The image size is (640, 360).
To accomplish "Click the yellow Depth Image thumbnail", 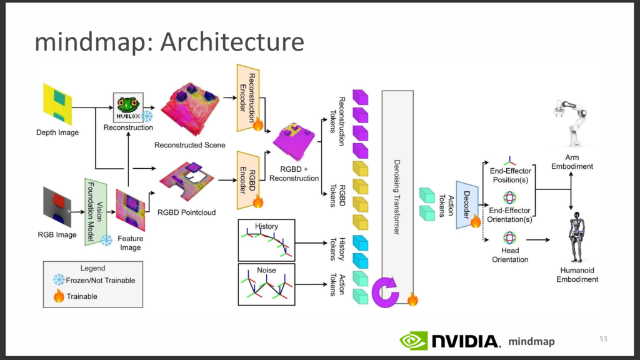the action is pyautogui.click(x=57, y=104).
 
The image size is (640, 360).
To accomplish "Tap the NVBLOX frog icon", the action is pyautogui.click(x=128, y=107).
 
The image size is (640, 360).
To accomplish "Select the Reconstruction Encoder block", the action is pyautogui.click(x=247, y=98).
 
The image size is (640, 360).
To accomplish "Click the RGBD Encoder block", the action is pyautogui.click(x=247, y=181).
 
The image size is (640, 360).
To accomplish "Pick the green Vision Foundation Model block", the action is pyautogui.click(x=96, y=212).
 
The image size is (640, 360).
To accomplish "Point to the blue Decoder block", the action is pyautogui.click(x=467, y=204).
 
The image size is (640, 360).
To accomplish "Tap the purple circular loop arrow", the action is pyautogui.click(x=385, y=292).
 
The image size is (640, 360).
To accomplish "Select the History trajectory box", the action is pyautogui.click(x=266, y=241).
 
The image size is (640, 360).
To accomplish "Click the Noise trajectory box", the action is pyautogui.click(x=266, y=284).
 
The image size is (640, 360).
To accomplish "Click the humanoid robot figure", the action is pyautogui.click(x=576, y=237).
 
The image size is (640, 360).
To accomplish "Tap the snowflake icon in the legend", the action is pyautogui.click(x=59, y=280).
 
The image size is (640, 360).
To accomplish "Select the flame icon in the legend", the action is pyautogui.click(x=59, y=296).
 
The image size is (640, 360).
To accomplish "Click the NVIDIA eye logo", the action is pyautogui.click(x=414, y=341).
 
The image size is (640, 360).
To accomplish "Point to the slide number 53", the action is pyautogui.click(x=603, y=339).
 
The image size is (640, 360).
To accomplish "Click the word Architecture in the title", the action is pyautogui.click(x=232, y=42).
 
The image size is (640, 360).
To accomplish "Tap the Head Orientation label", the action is pyautogui.click(x=510, y=255).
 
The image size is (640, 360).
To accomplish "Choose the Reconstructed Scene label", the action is pyautogui.click(x=190, y=145).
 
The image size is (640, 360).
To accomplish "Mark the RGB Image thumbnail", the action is pyautogui.click(x=57, y=207).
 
